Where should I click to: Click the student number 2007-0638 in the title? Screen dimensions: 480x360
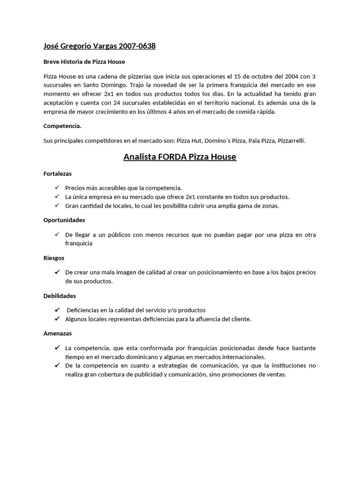(137, 46)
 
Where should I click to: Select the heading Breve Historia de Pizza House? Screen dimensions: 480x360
(84, 61)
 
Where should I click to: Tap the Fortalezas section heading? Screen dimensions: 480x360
(58, 173)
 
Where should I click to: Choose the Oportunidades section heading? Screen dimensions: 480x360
(64, 219)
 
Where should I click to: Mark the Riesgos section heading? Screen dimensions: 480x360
(54, 258)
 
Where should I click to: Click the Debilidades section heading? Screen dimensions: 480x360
(60, 296)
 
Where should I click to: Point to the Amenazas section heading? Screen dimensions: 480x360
(58, 333)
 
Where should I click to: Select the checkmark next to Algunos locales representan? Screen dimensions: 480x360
(57, 319)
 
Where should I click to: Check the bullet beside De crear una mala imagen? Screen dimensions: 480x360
(57, 272)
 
